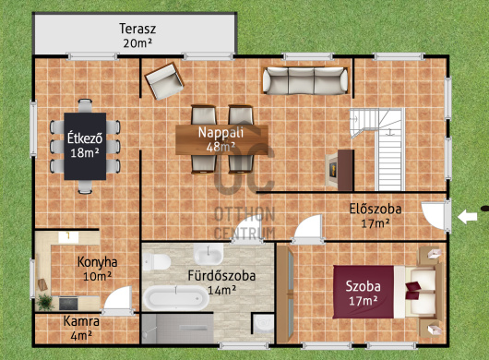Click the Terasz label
(137, 29)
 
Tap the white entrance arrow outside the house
(467, 217)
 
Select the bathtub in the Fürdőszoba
(176, 298)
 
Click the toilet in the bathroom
(157, 261)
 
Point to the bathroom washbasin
(209, 254)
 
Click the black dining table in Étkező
(85, 147)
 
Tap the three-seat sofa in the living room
(305, 81)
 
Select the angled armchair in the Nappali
(164, 81)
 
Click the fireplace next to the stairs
(340, 170)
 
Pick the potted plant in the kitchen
(45, 302)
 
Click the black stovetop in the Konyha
(68, 304)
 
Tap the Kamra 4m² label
(81, 329)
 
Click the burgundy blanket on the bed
(364, 292)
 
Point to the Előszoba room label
(376, 209)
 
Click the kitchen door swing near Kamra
(118, 298)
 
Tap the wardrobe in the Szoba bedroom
(285, 294)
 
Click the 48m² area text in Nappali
(221, 147)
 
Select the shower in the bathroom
(178, 329)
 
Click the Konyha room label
(97, 262)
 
